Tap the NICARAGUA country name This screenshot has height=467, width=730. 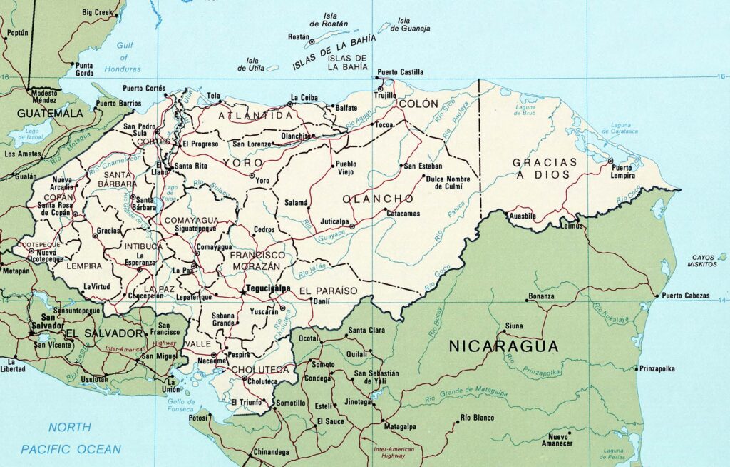click(503, 346)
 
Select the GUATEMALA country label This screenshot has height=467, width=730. click(50, 113)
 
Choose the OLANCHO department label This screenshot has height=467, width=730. click(378, 198)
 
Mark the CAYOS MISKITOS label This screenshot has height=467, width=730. click(704, 261)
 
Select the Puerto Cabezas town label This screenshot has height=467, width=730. click(686, 296)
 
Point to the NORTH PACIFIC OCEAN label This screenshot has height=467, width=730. click(71, 438)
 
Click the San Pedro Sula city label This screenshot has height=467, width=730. click(140, 130)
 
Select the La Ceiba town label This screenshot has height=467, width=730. click(304, 97)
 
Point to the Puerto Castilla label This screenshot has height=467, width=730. click(401, 72)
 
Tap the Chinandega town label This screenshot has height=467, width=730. click(271, 452)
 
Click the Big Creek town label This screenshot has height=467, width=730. click(98, 12)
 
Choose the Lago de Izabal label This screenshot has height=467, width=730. click(32, 135)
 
